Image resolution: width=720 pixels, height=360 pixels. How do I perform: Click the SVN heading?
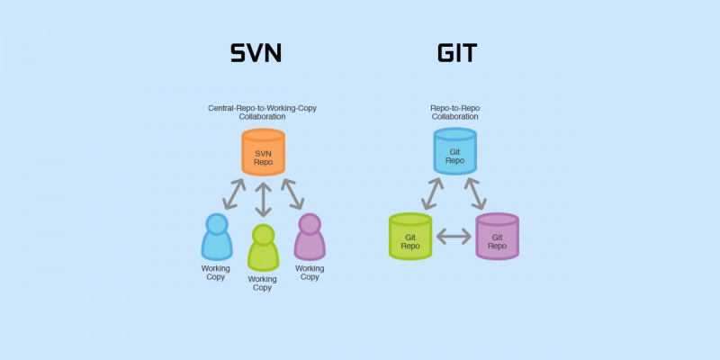[x=256, y=53]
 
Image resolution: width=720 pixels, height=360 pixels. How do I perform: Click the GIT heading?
[x=457, y=53]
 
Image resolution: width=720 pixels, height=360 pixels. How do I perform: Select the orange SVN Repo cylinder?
[x=263, y=152]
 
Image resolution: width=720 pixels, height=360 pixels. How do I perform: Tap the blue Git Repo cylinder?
[x=455, y=151]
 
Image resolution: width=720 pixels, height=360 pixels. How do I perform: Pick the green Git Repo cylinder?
[x=410, y=237]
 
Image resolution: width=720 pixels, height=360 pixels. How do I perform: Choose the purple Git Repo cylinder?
[x=498, y=237]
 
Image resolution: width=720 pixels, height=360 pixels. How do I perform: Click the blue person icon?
[x=217, y=237]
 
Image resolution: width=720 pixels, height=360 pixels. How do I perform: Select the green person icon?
[x=263, y=247]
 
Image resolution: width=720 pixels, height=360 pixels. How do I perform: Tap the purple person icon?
[x=310, y=237]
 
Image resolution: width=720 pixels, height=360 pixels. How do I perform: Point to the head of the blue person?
[x=217, y=223]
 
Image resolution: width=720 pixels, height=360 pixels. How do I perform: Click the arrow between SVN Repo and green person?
[x=263, y=199]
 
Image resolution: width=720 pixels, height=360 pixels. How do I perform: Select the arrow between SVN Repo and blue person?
[x=234, y=193]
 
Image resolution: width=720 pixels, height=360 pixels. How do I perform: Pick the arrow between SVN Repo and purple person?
[x=293, y=193]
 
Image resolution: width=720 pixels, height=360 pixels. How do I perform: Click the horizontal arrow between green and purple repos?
[x=454, y=237]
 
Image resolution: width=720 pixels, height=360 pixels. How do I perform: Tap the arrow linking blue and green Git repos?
[x=433, y=193]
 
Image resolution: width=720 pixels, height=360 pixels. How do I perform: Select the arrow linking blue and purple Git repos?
[x=475, y=193]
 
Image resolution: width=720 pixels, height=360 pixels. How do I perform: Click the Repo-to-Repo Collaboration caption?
[x=455, y=112]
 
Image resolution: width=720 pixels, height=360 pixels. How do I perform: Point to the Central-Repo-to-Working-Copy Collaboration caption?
[x=262, y=112]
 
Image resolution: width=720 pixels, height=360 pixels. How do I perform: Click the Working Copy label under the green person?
[x=262, y=283]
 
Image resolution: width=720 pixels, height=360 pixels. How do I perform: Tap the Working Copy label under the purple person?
[x=310, y=273]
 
